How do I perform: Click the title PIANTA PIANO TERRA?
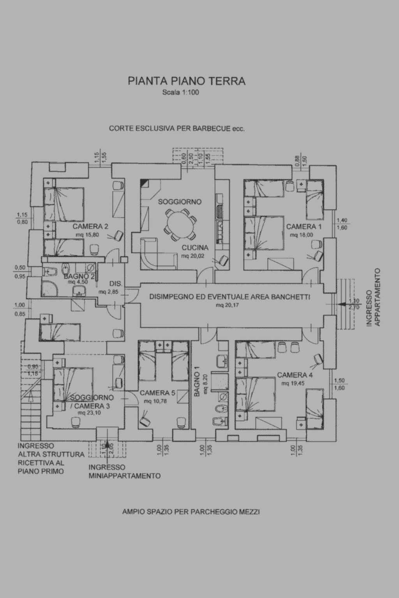(187, 81)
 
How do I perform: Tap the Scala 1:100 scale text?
(181, 93)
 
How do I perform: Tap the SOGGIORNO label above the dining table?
(180, 202)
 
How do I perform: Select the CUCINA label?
(195, 248)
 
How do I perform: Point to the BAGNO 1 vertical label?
(198, 383)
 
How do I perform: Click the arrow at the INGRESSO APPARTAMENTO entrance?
(344, 304)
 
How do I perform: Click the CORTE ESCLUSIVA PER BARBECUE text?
(177, 128)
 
